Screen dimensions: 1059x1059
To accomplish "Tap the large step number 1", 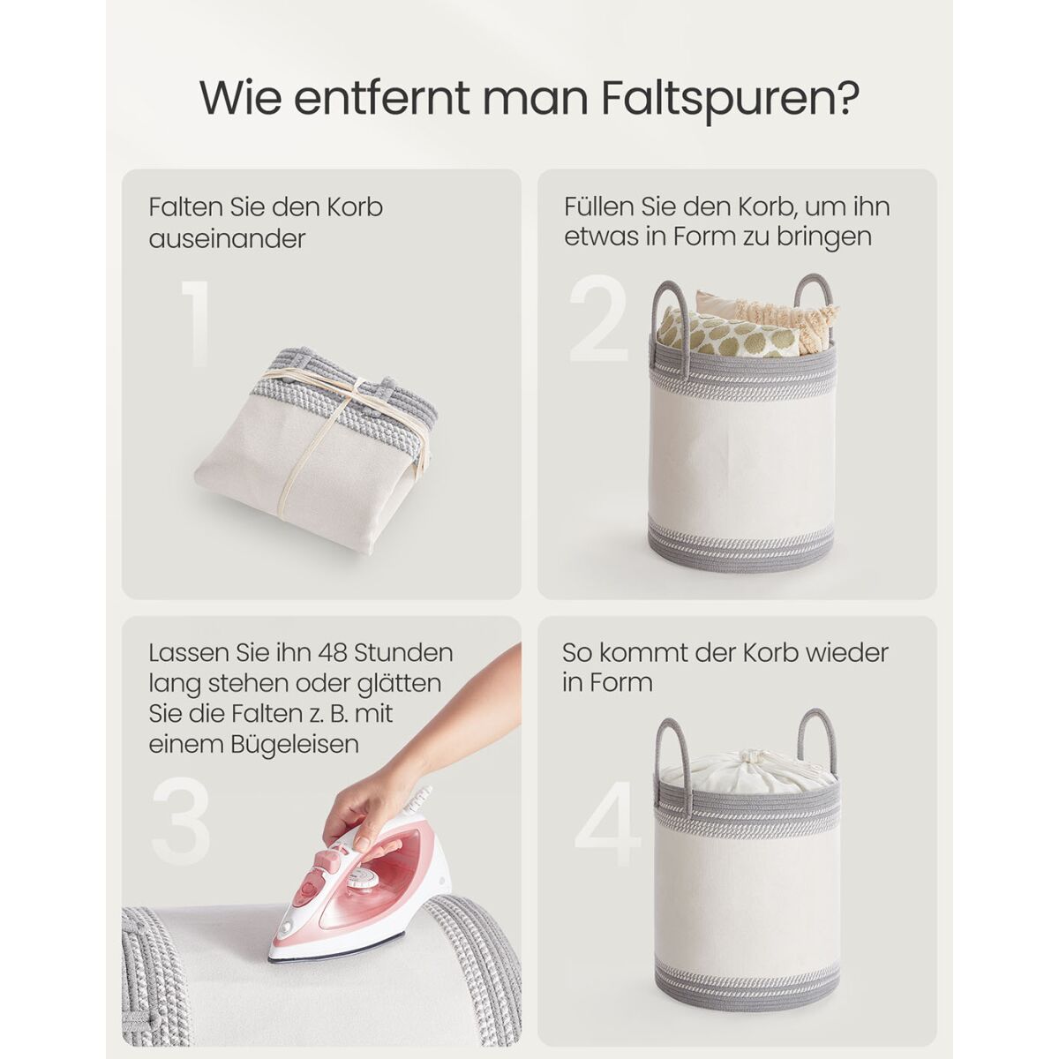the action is coord(196,323).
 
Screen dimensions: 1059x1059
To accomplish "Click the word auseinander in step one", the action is coord(227,239).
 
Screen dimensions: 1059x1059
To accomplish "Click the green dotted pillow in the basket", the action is coord(728,334).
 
